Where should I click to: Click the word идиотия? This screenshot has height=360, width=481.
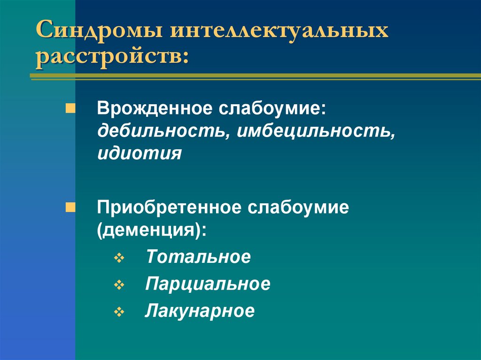click(x=139, y=153)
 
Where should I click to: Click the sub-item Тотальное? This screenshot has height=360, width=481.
click(x=198, y=257)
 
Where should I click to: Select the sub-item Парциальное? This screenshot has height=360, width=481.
click(x=208, y=284)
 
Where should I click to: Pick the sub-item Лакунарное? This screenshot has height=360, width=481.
click(x=200, y=311)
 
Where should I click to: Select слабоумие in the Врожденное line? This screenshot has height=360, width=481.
click(x=269, y=109)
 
